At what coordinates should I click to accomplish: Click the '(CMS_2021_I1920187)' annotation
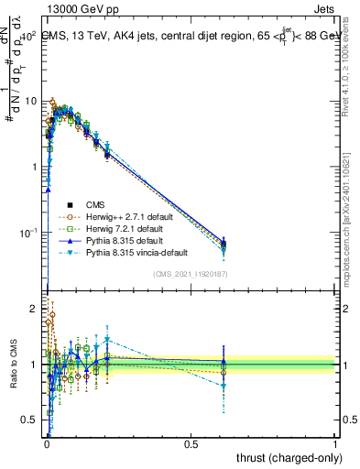click(190, 273)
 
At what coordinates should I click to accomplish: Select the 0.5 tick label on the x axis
click(191, 442)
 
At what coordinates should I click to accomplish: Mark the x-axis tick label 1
click(335, 442)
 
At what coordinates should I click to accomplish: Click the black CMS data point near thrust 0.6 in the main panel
click(224, 245)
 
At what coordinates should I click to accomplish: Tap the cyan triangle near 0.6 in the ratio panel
click(224, 387)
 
